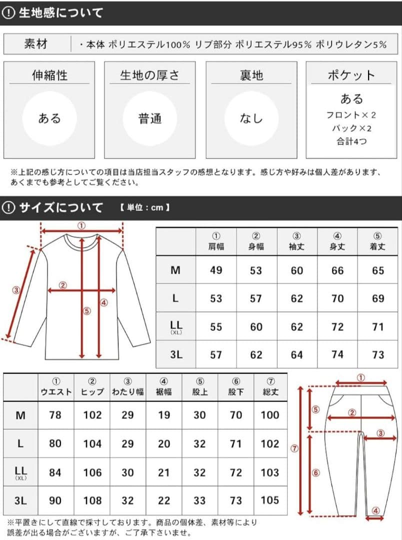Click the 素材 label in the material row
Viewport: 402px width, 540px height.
(x=35, y=44)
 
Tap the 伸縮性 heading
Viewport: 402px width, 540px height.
(x=49, y=75)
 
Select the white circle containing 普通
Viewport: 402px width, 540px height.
(x=149, y=118)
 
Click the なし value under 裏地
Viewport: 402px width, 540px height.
(x=251, y=118)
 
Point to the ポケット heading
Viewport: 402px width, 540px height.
(x=351, y=75)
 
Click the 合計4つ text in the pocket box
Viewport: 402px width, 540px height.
(x=351, y=141)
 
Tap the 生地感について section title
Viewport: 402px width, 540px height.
(x=60, y=13)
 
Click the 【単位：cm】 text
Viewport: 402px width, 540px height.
(x=144, y=207)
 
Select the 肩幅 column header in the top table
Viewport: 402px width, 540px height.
(x=215, y=242)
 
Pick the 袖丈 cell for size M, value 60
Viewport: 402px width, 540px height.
(x=297, y=270)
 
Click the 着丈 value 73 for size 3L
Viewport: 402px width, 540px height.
(x=378, y=354)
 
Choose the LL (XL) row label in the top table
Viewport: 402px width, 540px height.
(x=175, y=327)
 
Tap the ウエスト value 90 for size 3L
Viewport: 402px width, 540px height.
(x=56, y=500)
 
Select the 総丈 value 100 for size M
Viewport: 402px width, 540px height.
(x=270, y=415)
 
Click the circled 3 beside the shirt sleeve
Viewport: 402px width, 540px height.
(x=16, y=289)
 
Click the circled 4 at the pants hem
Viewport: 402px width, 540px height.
(x=375, y=510)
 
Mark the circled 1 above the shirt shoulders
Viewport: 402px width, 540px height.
(x=81, y=225)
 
